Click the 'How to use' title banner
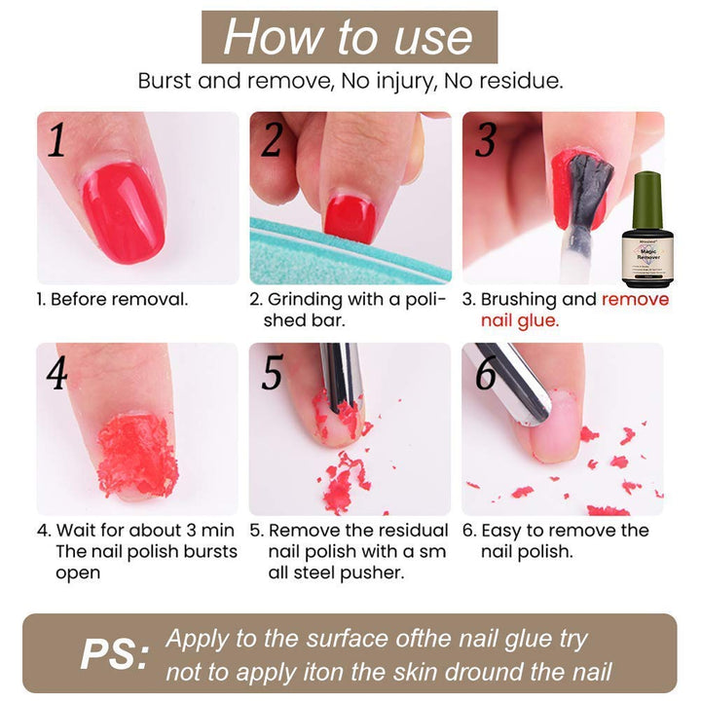(350, 37)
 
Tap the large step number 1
(56, 139)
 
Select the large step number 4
(56, 372)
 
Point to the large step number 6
(486, 373)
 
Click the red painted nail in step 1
(124, 212)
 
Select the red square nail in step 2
(350, 220)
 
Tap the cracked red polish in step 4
(137, 455)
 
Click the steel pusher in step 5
(342, 376)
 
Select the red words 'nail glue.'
(520, 320)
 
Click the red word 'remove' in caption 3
(635, 300)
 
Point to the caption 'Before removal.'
(120, 300)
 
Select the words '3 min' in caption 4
(210, 531)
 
